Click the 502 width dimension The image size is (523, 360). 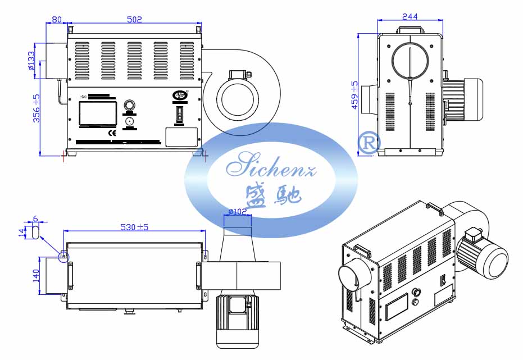134,19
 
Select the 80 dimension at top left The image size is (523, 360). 56,19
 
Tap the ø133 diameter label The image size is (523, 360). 31,61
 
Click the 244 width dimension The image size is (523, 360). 410,17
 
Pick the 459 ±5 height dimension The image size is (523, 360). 354,95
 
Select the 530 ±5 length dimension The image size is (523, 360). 134,227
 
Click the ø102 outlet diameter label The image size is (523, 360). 238,212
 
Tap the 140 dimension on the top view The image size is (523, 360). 35,275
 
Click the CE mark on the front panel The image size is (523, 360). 111,133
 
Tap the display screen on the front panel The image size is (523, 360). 98,113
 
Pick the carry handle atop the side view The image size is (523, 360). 410,29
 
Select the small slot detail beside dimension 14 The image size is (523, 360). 35,231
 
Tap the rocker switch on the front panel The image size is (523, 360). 180,115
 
